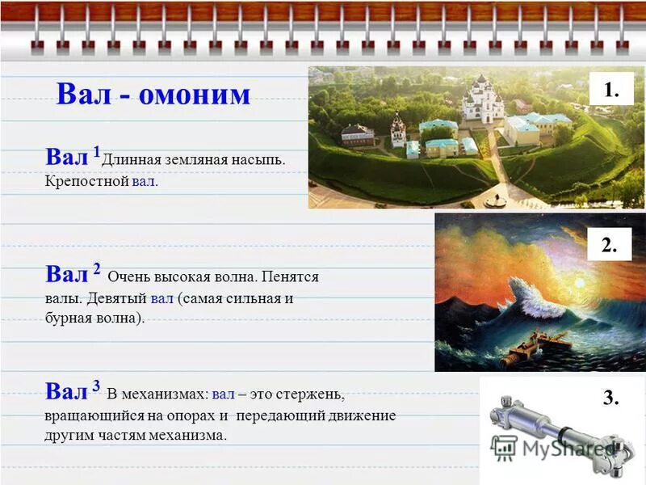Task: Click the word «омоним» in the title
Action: (x=195, y=95)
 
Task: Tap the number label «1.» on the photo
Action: (x=610, y=90)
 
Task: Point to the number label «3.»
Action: (x=610, y=397)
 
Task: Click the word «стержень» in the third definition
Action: (x=310, y=394)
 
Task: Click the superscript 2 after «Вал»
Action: (x=96, y=267)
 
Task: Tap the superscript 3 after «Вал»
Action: (x=96, y=385)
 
